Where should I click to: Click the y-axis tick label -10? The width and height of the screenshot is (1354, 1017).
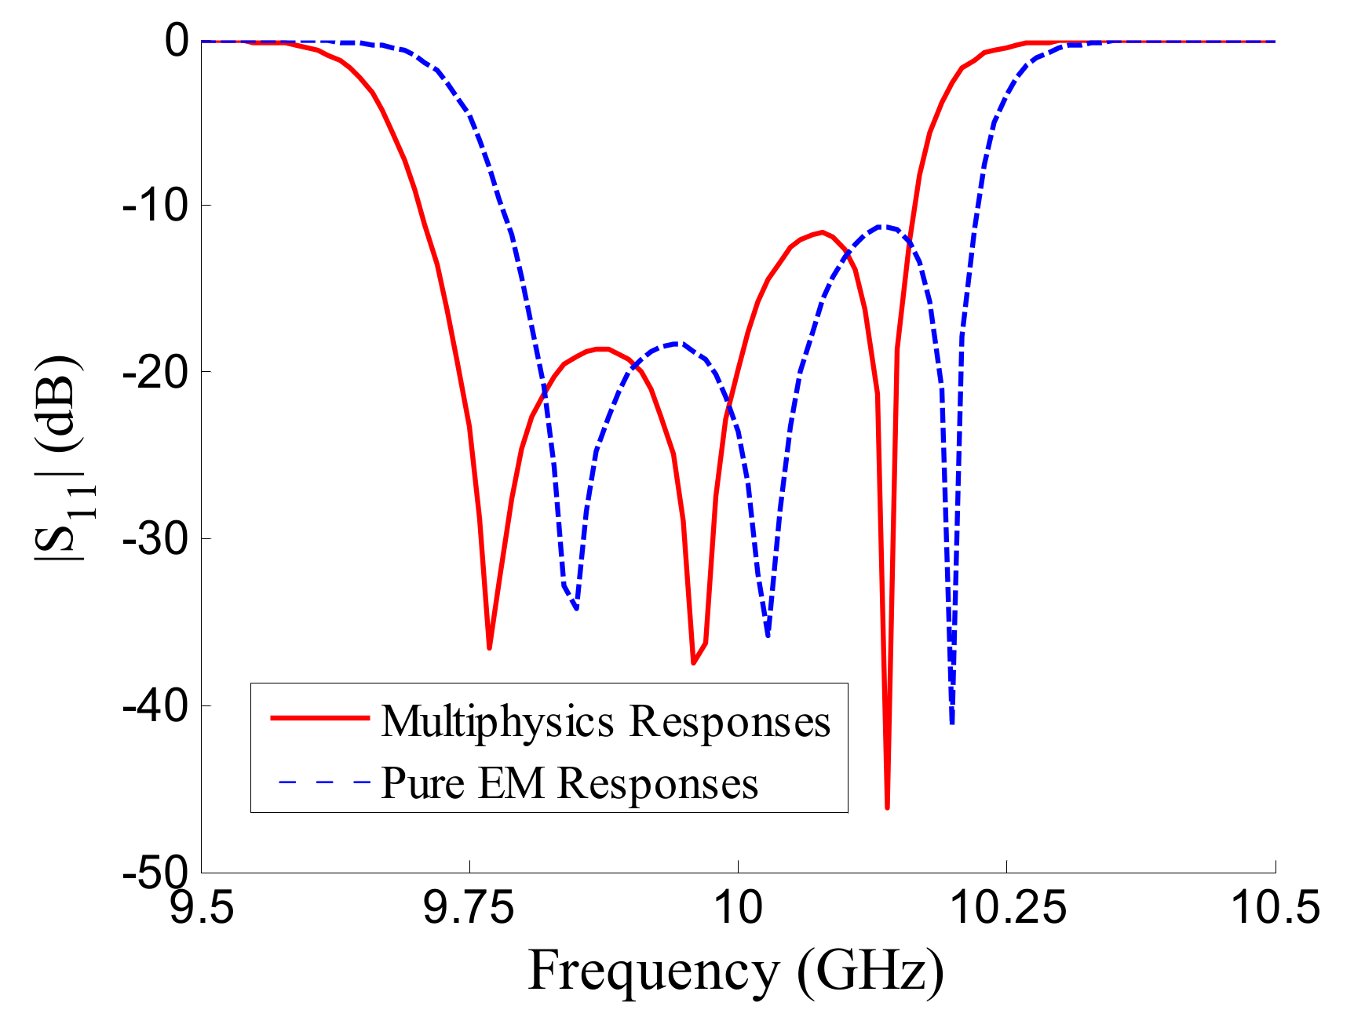(155, 206)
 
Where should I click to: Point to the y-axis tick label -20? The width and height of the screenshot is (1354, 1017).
(155, 372)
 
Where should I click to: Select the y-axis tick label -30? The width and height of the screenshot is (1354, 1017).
(155, 539)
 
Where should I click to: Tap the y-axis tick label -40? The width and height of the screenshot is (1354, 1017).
(155, 706)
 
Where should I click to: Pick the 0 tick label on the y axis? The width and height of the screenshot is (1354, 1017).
(176, 41)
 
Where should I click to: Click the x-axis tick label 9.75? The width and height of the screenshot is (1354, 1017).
(469, 909)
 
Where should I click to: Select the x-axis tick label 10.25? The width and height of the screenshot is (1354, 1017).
(1007, 909)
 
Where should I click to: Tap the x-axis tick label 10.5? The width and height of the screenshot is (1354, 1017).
(1275, 909)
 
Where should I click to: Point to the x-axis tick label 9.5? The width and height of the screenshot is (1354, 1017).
(202, 909)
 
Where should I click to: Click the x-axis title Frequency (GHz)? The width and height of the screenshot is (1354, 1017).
(735, 971)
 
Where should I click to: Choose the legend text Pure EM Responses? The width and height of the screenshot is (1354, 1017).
(569, 782)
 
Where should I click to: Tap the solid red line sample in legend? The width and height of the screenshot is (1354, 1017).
(319, 717)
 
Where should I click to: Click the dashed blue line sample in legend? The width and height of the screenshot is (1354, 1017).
(323, 782)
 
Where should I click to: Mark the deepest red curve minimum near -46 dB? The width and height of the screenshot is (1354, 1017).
(887, 806)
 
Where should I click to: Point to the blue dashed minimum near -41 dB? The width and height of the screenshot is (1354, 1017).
(952, 722)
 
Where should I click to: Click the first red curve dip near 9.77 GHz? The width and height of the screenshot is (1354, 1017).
(489, 647)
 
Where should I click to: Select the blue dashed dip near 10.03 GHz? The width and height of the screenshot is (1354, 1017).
(768, 634)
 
